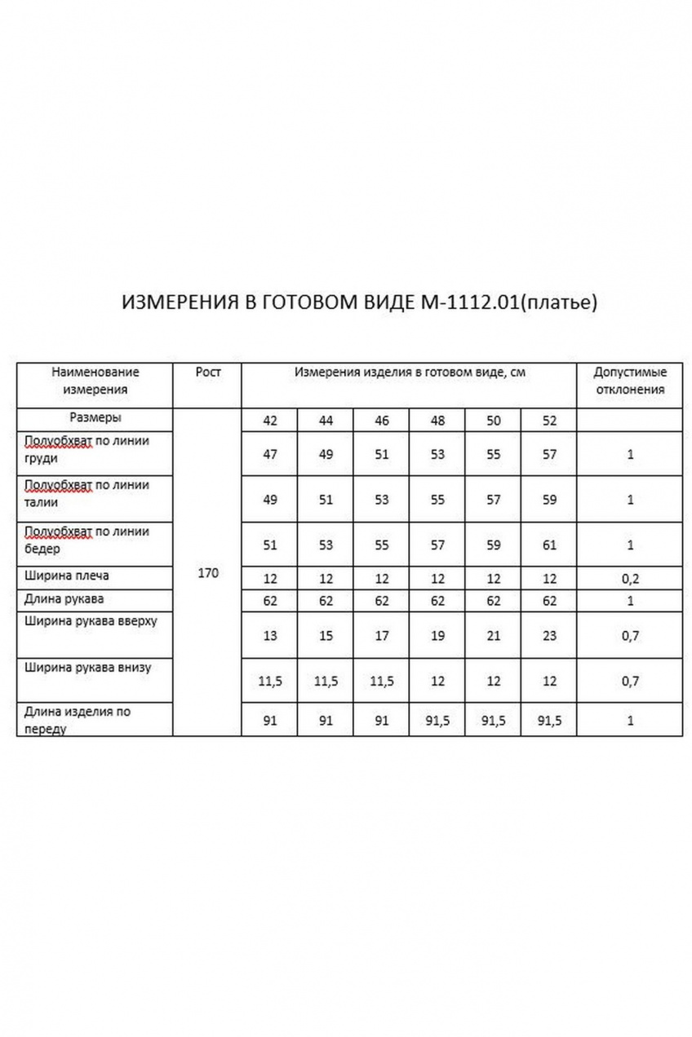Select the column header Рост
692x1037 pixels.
click(208, 372)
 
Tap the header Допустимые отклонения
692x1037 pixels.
click(629, 380)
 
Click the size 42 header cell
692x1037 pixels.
click(270, 421)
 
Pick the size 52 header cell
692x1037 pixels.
click(549, 421)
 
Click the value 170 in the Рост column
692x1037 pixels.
click(208, 573)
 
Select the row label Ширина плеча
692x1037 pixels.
click(67, 576)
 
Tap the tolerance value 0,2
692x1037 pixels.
click(630, 579)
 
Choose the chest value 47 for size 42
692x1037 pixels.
click(270, 454)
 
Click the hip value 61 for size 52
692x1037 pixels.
click(549, 545)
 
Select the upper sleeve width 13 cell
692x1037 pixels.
click(270, 636)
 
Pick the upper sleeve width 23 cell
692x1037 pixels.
click(549, 636)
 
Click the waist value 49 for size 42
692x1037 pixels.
click(270, 500)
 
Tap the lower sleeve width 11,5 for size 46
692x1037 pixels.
click(381, 682)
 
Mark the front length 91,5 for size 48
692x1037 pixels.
click(437, 721)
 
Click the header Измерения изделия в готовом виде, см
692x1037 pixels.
click(410, 373)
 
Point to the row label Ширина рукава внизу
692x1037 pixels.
click(88, 668)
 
